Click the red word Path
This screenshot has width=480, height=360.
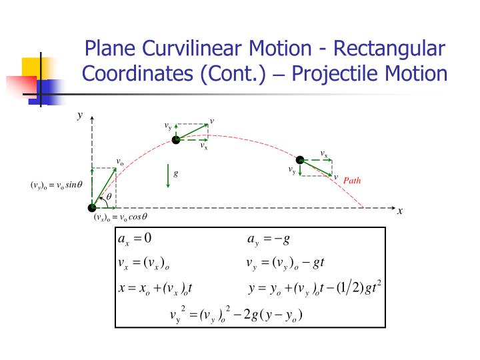pos(352,180)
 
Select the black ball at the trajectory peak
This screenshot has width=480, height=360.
pos(176,139)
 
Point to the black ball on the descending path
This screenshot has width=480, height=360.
pos(300,160)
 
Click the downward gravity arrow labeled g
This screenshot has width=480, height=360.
pos(168,176)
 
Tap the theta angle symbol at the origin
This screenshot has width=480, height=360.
pos(109,197)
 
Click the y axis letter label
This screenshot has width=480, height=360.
pos(79,115)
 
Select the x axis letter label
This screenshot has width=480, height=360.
pos(400,211)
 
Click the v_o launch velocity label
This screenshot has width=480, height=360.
pos(120,162)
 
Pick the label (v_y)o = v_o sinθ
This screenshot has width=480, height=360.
pos(56,185)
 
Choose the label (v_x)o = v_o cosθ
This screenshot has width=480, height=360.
pos(120,217)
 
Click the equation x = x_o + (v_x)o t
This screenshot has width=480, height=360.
pos(155,288)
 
